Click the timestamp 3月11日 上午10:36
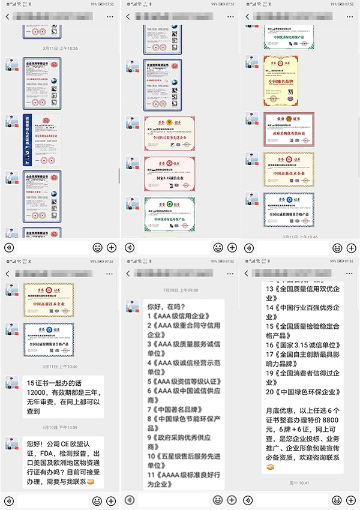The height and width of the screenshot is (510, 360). pyautogui.click(x=59, y=48)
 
